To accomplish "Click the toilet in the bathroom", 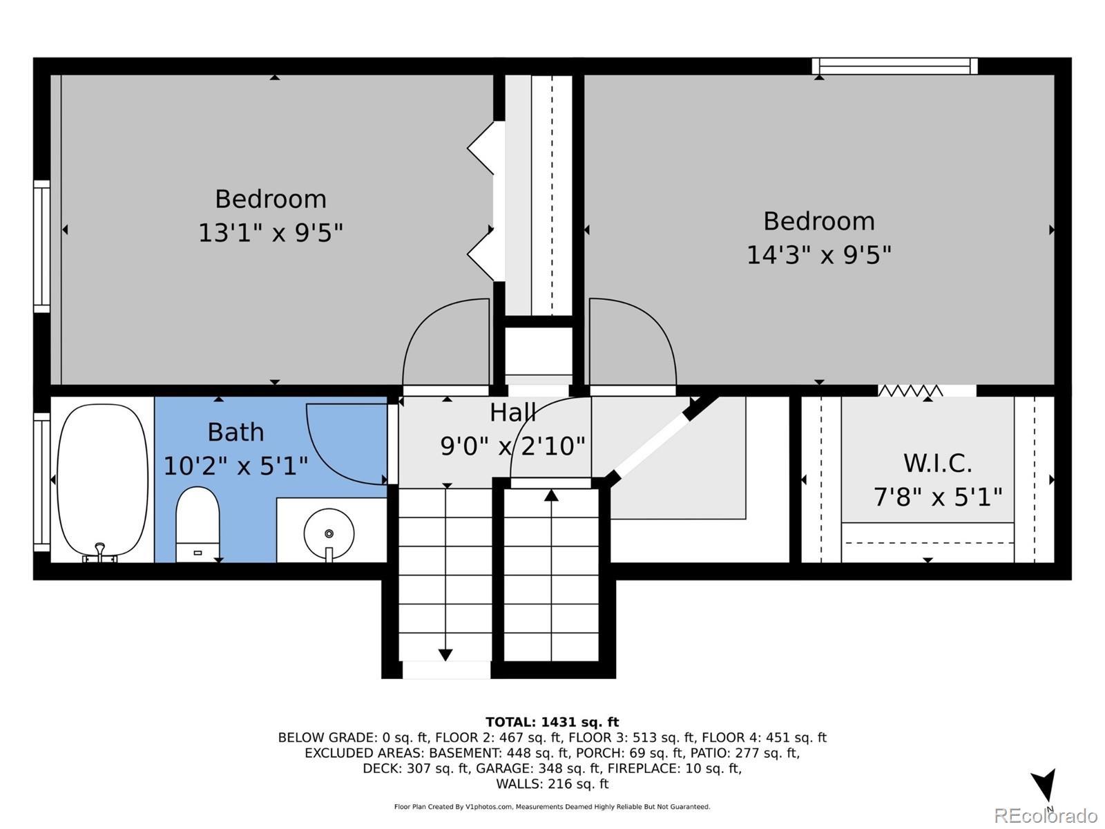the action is coord(198,524).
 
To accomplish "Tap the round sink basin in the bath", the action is coord(329,533).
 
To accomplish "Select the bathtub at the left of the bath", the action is coord(102,480).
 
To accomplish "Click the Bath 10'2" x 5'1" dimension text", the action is coord(236,466).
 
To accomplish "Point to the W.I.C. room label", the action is coord(937,463).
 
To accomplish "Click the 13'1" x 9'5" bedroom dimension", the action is coord(271,233).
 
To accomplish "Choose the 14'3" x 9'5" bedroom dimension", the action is coord(818,255).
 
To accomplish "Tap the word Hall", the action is coord(512,412).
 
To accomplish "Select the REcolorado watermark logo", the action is coord(1046,816).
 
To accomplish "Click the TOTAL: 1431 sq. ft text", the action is coord(552,723).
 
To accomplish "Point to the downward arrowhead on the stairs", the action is coord(445,655).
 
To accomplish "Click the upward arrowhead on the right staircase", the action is coord(551,495).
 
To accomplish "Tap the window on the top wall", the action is coord(894,66).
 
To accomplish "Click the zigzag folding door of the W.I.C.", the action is coord(910,390).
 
